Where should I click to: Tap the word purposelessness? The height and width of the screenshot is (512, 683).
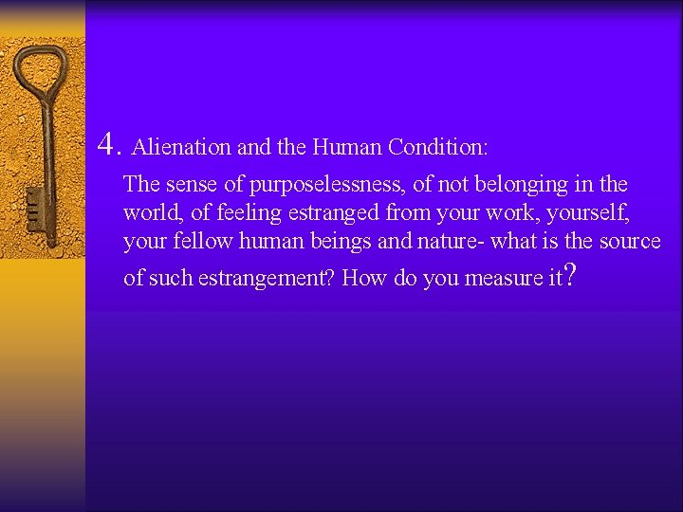point(324,185)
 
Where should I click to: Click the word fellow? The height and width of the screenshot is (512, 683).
point(203,241)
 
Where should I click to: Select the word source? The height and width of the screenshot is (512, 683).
point(630,241)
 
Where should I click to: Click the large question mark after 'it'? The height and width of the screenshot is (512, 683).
point(568,275)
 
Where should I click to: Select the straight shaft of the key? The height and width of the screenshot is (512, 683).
point(44,152)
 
